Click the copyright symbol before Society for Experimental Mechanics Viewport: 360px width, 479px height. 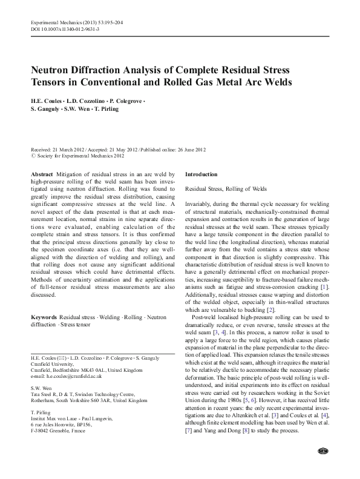coord(33,155)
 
